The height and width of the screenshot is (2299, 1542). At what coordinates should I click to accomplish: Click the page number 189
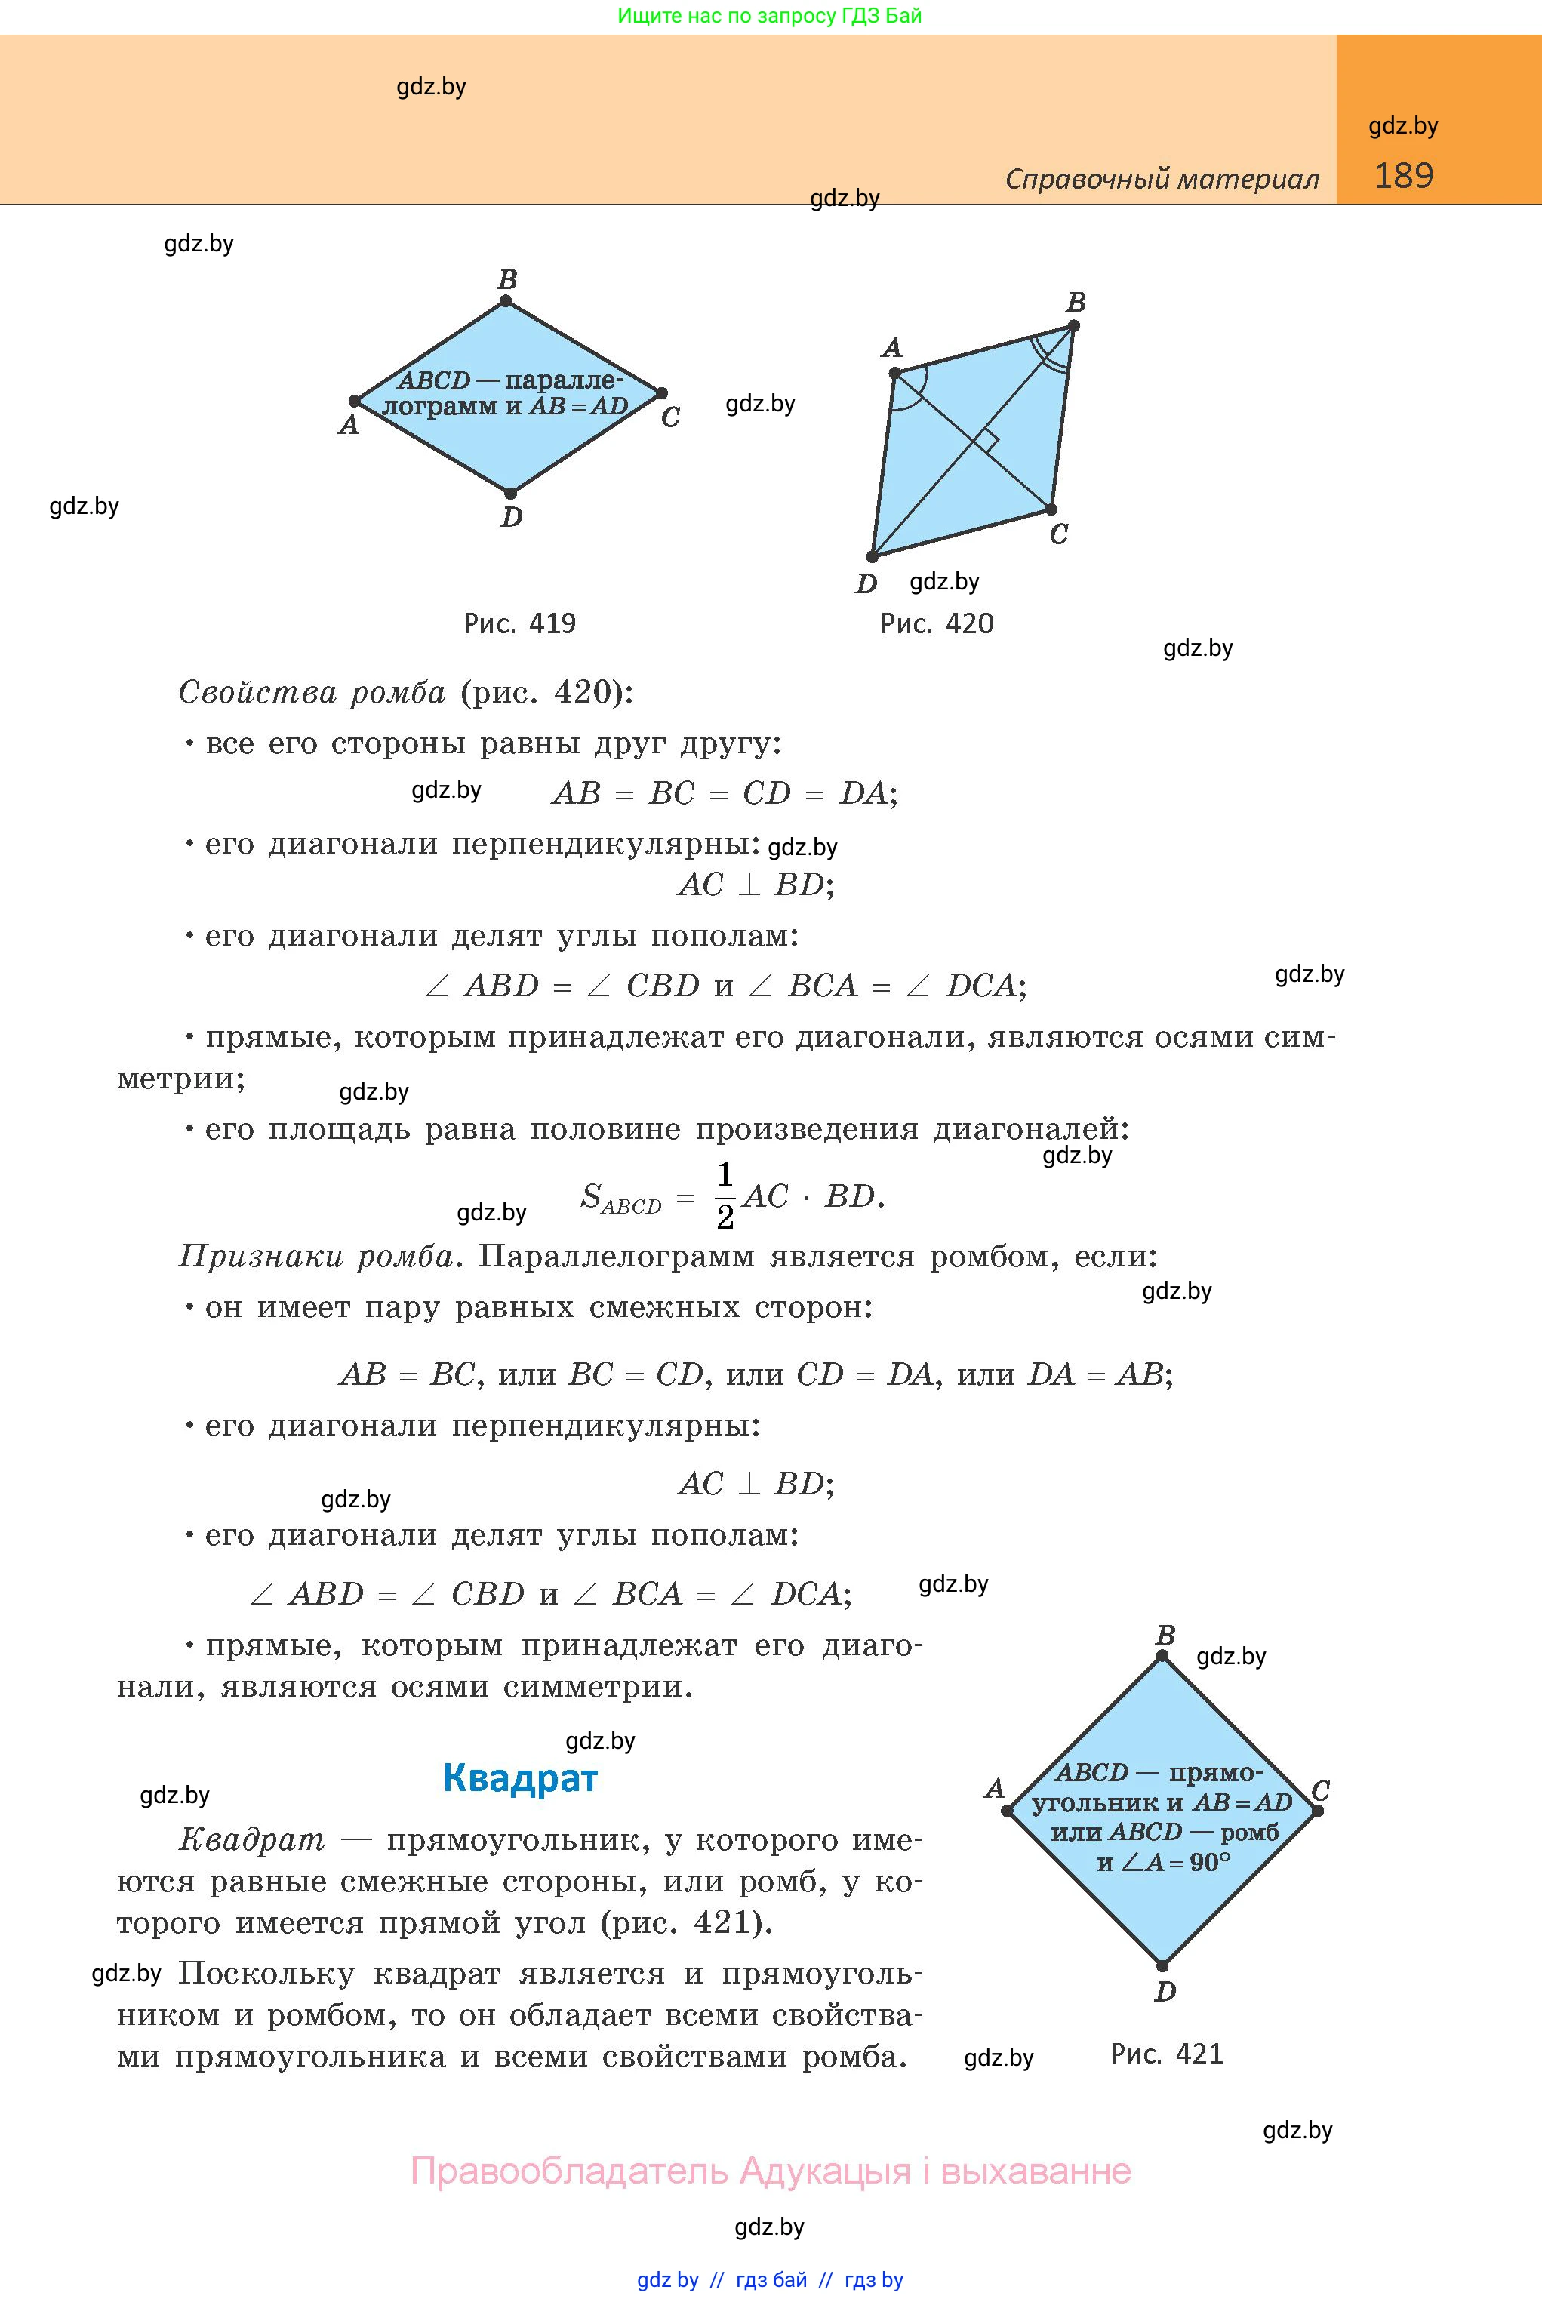(x=1403, y=176)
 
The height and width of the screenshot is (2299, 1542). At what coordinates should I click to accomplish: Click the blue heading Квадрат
(x=520, y=1778)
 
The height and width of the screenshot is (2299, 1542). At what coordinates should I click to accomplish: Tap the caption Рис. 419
(x=519, y=623)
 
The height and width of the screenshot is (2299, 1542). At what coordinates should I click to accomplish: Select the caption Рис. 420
(x=936, y=623)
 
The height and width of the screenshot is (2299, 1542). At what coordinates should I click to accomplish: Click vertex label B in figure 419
(x=507, y=280)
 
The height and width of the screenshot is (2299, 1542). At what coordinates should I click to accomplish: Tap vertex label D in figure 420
(x=866, y=584)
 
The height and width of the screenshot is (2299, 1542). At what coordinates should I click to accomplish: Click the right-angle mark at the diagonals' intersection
(x=986, y=442)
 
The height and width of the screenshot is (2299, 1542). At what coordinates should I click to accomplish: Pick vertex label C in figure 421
(x=1321, y=1790)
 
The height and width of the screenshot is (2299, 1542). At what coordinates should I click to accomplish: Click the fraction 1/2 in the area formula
(x=725, y=1196)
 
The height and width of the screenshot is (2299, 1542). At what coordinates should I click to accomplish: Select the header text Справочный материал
(x=1162, y=179)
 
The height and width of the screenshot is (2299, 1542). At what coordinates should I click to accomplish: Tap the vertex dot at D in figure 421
(x=1162, y=1965)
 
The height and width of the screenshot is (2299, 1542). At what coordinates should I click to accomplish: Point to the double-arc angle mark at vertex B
(x=1048, y=353)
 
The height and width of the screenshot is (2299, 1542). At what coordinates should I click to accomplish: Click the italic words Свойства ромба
(x=312, y=693)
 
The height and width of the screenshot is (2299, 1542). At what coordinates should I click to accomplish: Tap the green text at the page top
(x=770, y=16)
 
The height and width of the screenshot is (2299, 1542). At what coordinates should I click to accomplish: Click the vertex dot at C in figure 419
(x=662, y=393)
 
